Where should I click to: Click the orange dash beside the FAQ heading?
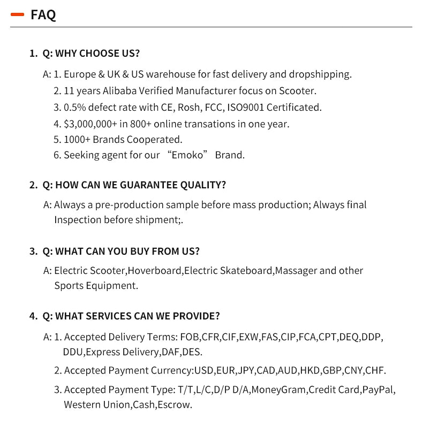(18, 15)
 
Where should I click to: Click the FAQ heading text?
(43, 15)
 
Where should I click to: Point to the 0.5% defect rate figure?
(74, 107)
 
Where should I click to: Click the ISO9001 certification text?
(245, 107)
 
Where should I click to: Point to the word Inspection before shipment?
(78, 220)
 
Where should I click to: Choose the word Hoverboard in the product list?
(155, 271)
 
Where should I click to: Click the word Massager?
(296, 271)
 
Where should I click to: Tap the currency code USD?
(204, 370)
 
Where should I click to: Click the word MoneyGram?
(278, 390)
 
